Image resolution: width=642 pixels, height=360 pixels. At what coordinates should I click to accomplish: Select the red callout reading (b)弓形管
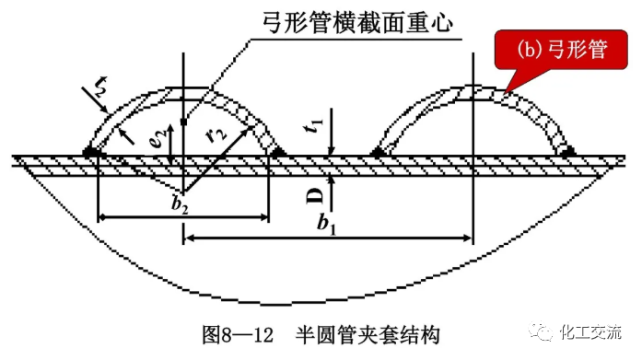pyautogui.click(x=554, y=50)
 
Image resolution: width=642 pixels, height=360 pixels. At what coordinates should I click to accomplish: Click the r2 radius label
pyautogui.click(x=216, y=135)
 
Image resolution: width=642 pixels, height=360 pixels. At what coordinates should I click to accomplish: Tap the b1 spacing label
pyautogui.click(x=324, y=222)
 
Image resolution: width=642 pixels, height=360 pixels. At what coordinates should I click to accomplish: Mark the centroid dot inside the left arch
pyautogui.click(x=185, y=121)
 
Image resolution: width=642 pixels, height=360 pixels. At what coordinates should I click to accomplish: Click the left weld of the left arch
pyautogui.click(x=91, y=150)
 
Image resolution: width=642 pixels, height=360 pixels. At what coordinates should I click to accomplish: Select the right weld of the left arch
pyautogui.click(x=273, y=150)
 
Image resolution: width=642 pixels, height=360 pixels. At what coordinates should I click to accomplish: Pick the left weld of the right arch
pyautogui.click(x=378, y=150)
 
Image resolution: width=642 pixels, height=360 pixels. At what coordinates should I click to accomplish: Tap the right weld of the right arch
pyautogui.click(x=567, y=150)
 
